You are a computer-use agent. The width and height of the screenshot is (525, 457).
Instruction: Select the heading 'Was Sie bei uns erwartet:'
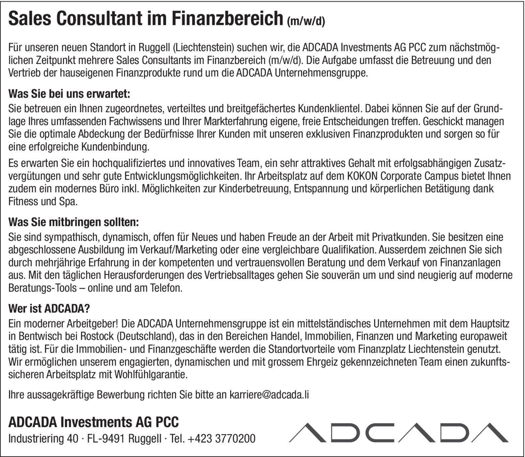(x=69, y=94)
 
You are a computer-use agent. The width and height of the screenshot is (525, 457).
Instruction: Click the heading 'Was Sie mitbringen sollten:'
(x=73, y=222)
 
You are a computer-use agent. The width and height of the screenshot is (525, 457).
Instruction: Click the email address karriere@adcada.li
(x=269, y=395)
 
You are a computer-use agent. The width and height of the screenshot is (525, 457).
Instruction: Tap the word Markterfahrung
(x=237, y=121)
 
